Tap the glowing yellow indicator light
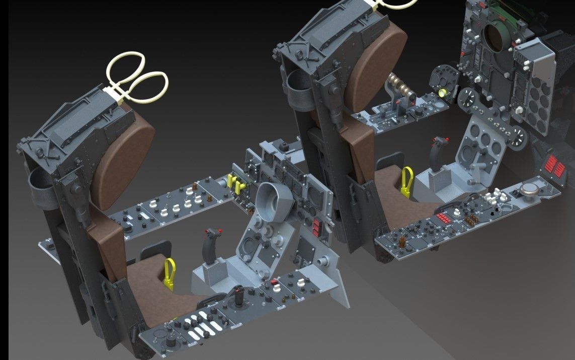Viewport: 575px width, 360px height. (443, 93)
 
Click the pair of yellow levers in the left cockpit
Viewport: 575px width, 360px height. (236, 182)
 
